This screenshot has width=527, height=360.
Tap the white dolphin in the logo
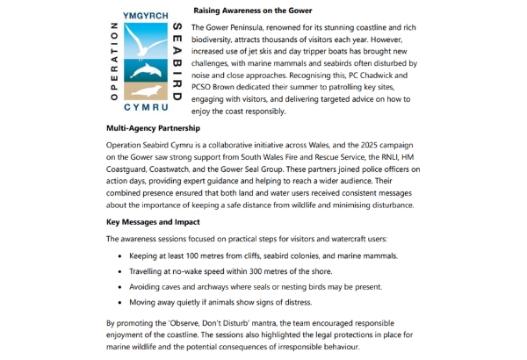point(144,70)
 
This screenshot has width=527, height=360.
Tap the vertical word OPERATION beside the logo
point(113,61)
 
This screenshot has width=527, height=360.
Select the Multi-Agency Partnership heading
point(155,127)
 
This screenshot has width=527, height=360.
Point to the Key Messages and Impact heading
point(153,222)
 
